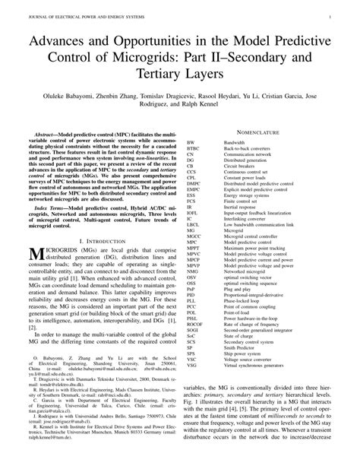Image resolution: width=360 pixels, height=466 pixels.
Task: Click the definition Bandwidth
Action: point(239,142)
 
